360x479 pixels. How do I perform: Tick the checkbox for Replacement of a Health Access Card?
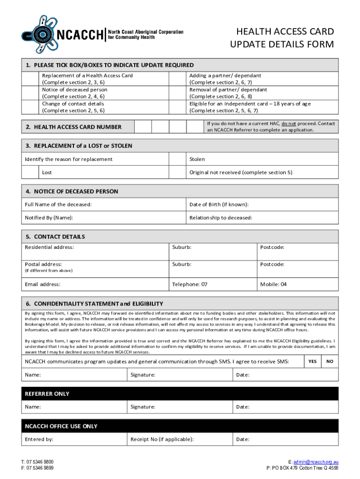pyautogui.click(x=32, y=79)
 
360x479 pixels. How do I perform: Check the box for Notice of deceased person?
pyautogui.click(x=32, y=93)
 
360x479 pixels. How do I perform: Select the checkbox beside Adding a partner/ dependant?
pyautogui.click(x=177, y=79)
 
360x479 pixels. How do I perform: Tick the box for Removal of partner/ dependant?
pyautogui.click(x=177, y=93)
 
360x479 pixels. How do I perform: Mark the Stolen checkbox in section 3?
pyautogui.click(x=177, y=159)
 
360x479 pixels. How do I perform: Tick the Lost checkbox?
pyautogui.click(x=32, y=172)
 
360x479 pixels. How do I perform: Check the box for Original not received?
pyautogui.click(x=177, y=172)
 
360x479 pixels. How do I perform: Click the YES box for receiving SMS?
pyautogui.click(x=313, y=362)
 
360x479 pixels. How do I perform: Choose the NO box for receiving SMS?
pyautogui.click(x=330, y=362)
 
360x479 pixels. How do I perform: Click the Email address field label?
pyautogui.click(x=43, y=284)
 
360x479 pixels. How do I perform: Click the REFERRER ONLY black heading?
pyautogui.click(x=47, y=394)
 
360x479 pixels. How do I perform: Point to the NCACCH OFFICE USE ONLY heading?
pyautogui.click(x=61, y=426)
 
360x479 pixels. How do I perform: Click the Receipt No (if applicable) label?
pyautogui.click(x=162, y=439)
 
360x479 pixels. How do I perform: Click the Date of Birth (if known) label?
pyautogui.click(x=219, y=204)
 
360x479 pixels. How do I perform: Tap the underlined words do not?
pyautogui.click(x=288, y=123)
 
